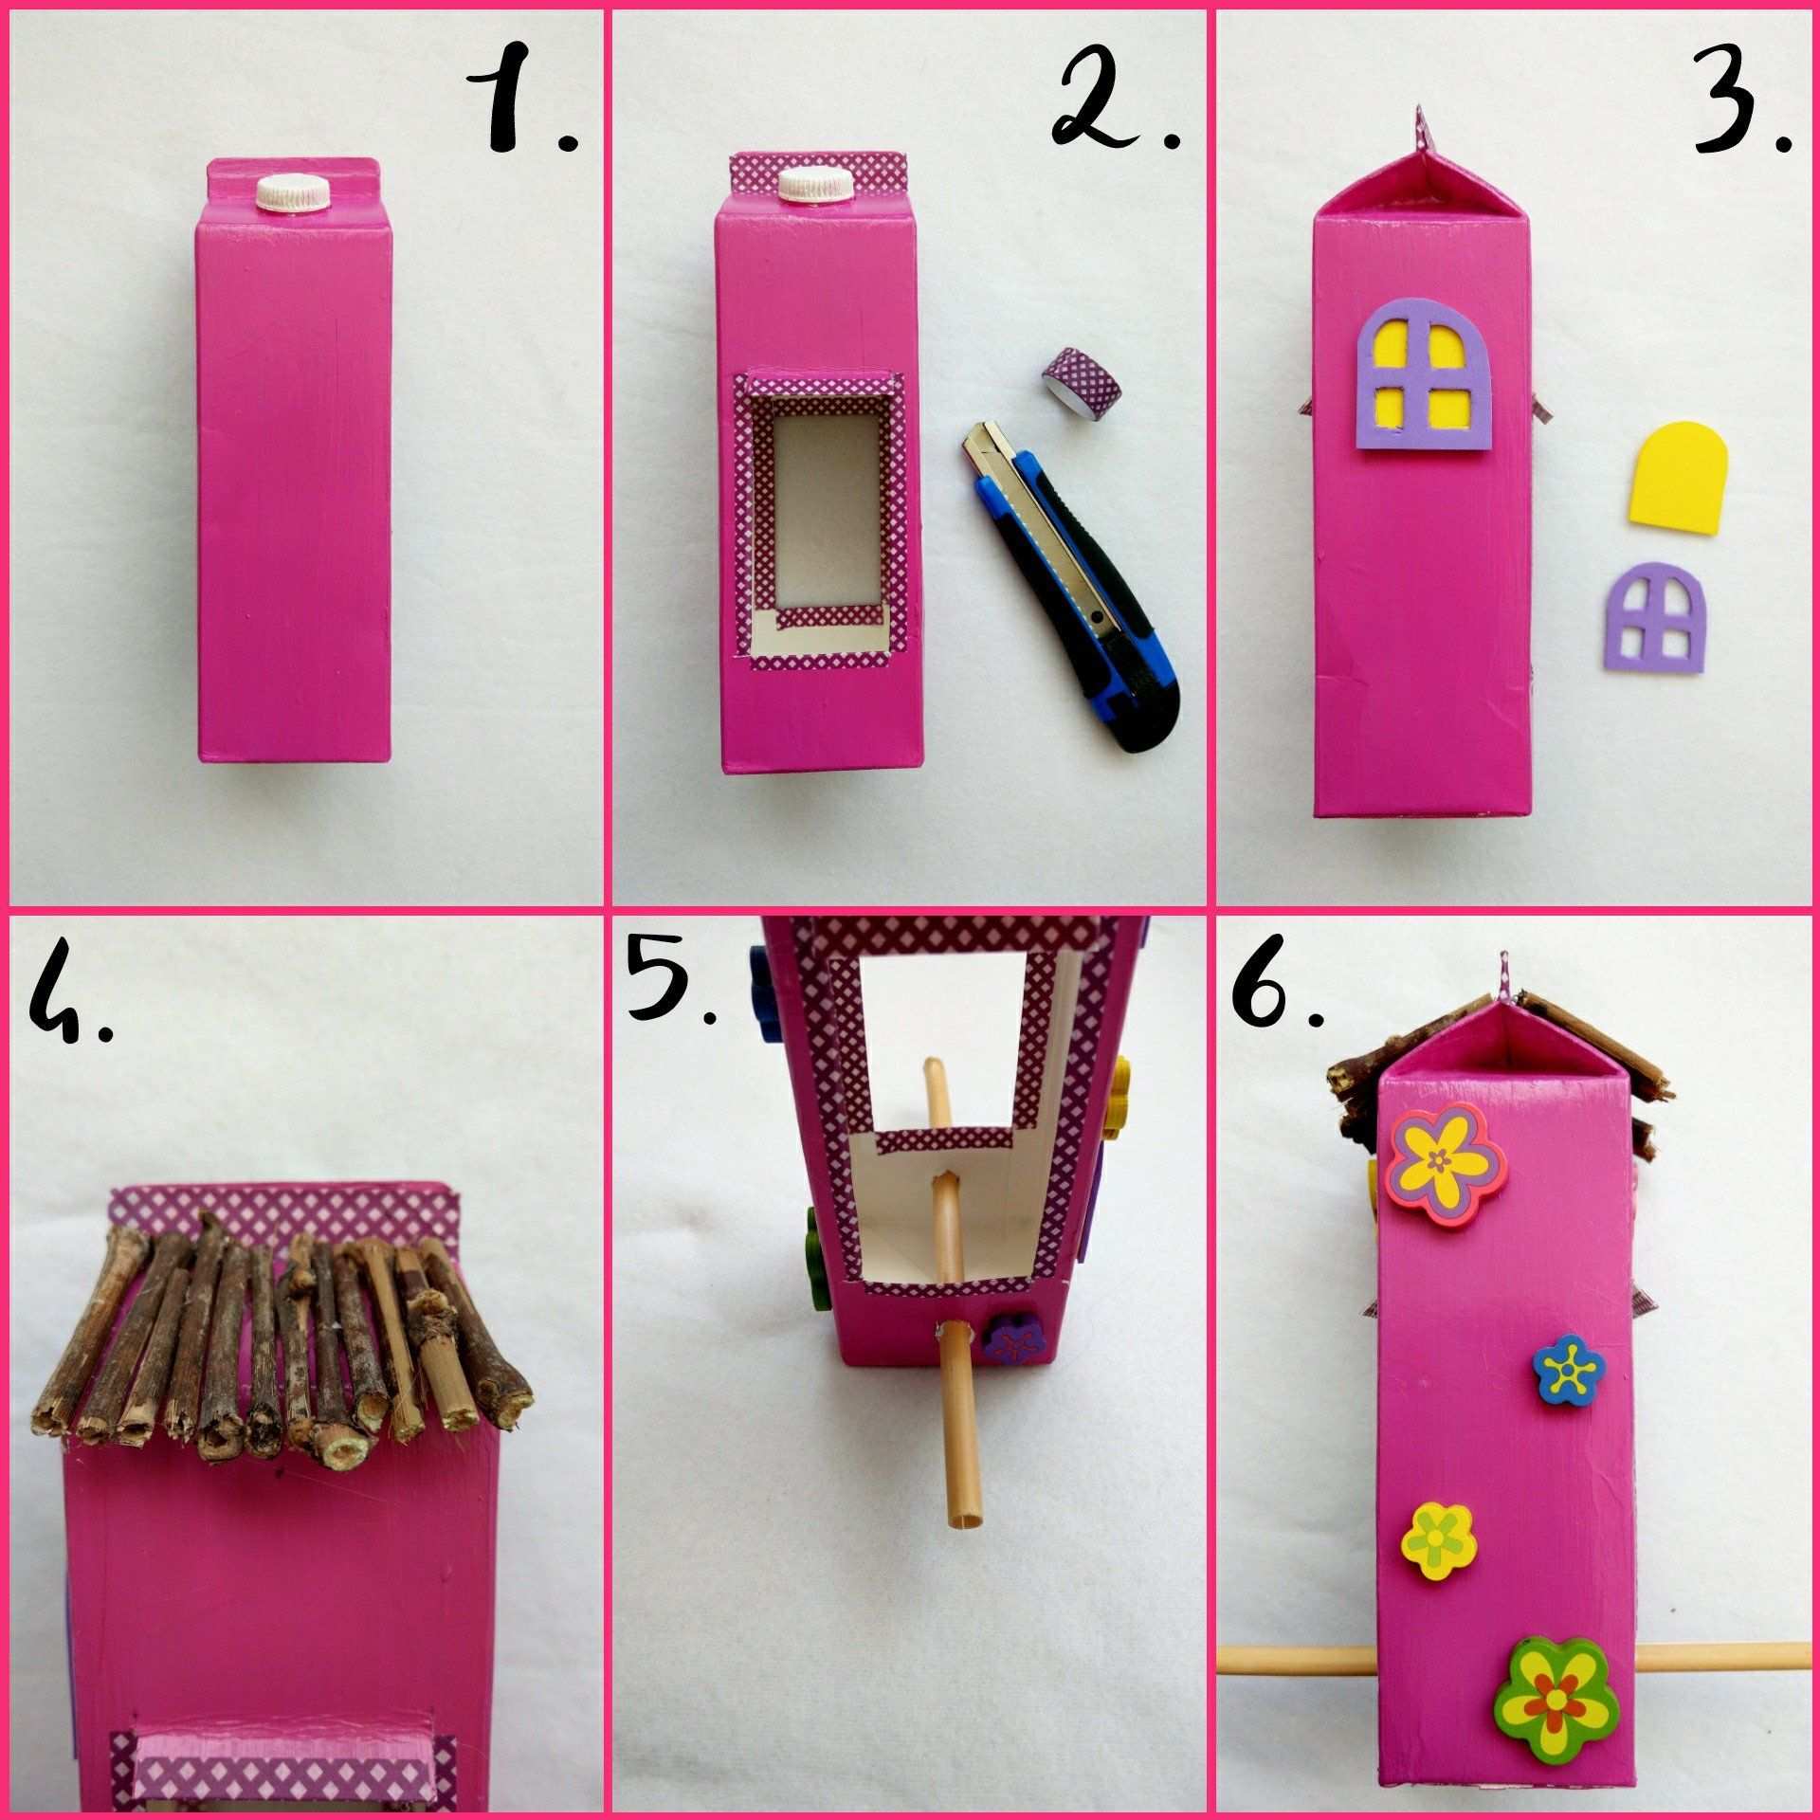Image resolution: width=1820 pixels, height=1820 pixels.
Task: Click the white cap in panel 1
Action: [x=294, y=192]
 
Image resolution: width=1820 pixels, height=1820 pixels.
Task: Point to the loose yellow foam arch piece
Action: [x=1681, y=500]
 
